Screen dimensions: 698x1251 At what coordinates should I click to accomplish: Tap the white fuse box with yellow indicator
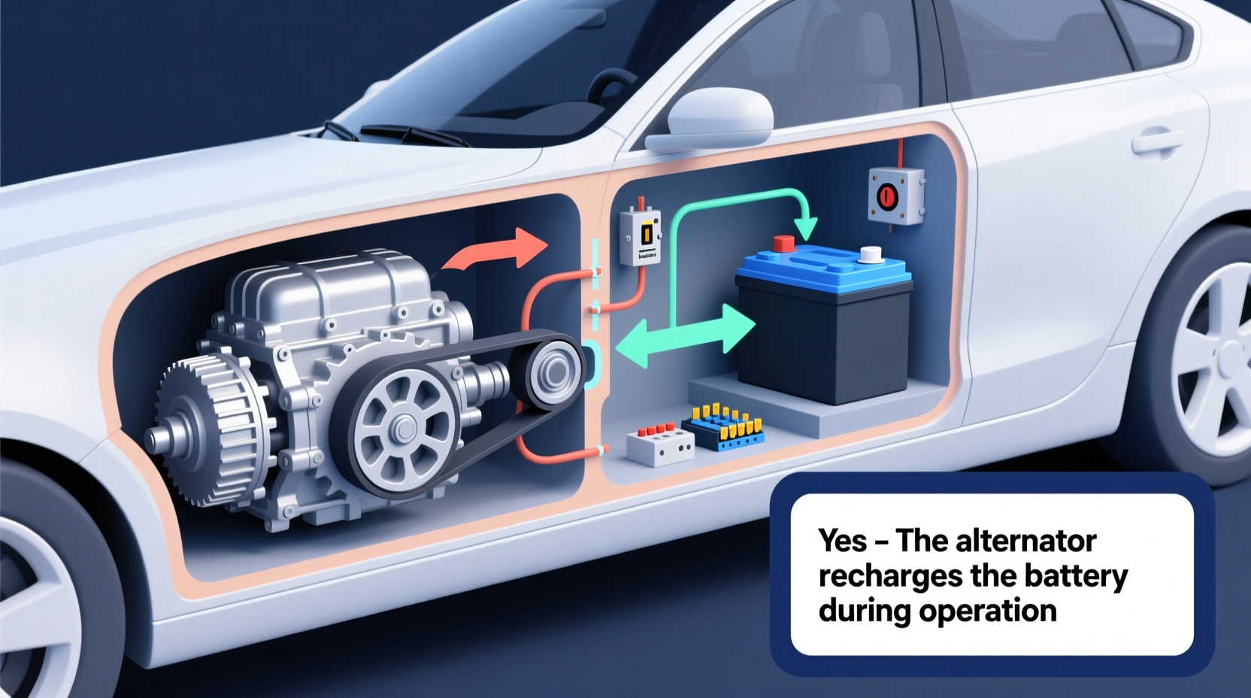[x=640, y=237]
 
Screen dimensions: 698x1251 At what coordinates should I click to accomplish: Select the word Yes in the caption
[x=843, y=540]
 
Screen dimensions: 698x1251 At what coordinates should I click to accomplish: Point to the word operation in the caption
[x=988, y=610]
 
